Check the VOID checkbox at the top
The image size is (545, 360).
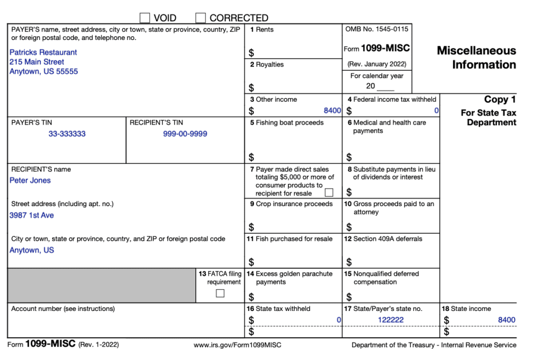coord(145,18)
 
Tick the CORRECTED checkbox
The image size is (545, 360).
coord(201,18)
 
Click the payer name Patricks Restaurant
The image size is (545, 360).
coord(43,52)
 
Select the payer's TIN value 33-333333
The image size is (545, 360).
coord(67,134)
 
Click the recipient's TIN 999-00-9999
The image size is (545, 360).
coord(185,134)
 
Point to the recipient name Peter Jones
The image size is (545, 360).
coord(30,181)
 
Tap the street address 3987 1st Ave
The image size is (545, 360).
coord(31,215)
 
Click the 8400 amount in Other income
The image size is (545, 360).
coord(332,111)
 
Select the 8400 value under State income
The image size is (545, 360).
coord(506,320)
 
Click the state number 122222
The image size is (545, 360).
coord(391,320)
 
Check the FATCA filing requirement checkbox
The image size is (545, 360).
coord(220,293)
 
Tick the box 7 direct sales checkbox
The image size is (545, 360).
coord(329,192)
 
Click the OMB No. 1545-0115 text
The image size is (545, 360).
coord(376,29)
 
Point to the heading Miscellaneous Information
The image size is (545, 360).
coord(476,58)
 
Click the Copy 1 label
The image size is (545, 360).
coord(500,100)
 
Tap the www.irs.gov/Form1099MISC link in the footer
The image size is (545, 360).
coord(237,345)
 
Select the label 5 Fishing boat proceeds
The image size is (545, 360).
coord(287,122)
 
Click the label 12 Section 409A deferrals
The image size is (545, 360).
coord(383,239)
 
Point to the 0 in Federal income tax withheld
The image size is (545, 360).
coord(436,111)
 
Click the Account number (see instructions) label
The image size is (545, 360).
coord(63,308)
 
